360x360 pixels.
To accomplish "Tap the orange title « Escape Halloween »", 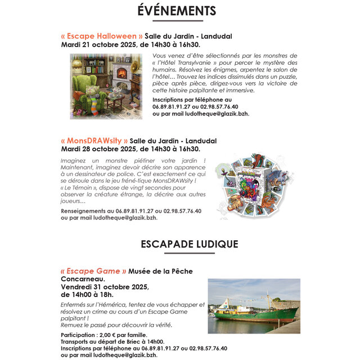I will (x=101, y=37).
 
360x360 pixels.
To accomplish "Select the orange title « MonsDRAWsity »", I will (x=94, y=141).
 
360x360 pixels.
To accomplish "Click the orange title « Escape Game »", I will (x=93, y=271).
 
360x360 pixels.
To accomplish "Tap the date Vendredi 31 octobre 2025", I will (x=105, y=286).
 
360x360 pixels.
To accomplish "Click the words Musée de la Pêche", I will (x=160, y=271).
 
